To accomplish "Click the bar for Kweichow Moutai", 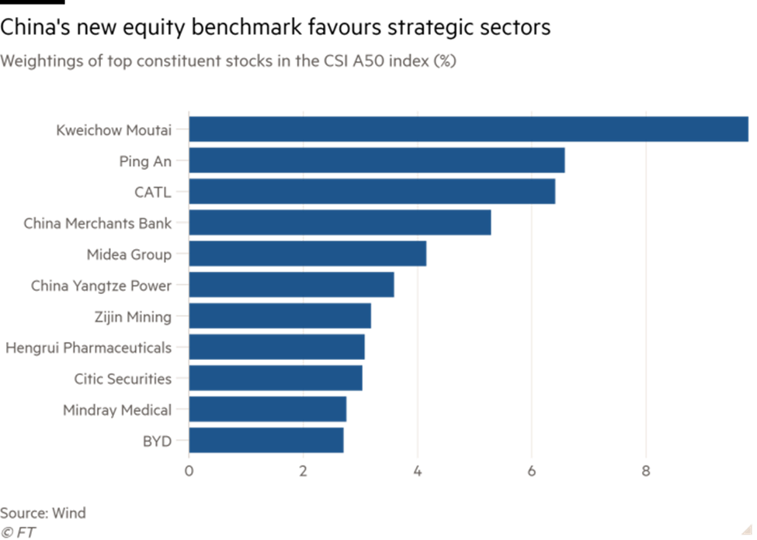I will (x=469, y=130).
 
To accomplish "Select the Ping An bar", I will (x=377, y=161).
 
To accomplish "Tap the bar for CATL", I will (x=373, y=192).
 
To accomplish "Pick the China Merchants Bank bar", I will (x=340, y=223).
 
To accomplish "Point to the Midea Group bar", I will (x=308, y=254).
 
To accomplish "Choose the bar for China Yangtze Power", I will (x=292, y=285).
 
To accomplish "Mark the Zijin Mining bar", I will (x=280, y=316).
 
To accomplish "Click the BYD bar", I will (x=266, y=440).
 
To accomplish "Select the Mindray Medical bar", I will (x=268, y=409).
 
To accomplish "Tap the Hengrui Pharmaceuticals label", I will (x=89, y=348).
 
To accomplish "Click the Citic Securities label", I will (x=123, y=379).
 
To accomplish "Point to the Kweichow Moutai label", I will (x=113, y=130).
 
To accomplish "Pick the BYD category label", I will (x=156, y=441).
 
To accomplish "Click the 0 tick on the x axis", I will (x=189, y=470).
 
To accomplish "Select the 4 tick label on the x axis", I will (x=418, y=470).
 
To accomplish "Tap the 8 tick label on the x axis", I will (x=646, y=470).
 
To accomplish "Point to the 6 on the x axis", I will (x=532, y=470).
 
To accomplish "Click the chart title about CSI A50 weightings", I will (x=228, y=61).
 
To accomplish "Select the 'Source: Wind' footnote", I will (x=43, y=513).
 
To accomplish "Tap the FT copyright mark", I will (x=19, y=532).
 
